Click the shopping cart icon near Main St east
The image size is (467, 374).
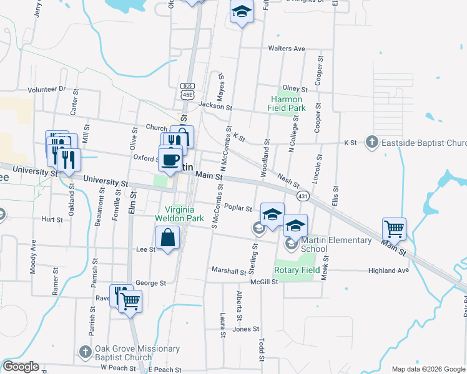tap(394, 229)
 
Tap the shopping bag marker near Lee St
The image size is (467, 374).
tap(168, 237)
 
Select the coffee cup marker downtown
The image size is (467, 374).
tap(170, 159)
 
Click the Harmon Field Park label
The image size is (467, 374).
tap(288, 103)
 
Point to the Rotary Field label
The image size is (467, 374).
tap(297, 271)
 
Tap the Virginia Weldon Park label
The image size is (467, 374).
tap(184, 214)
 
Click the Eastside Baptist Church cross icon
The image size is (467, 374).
tap(372, 143)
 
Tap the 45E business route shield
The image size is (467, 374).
tap(187, 90)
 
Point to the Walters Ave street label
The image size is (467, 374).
tap(286, 49)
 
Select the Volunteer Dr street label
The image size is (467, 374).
tap(46, 89)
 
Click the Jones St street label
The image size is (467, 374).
tap(246, 329)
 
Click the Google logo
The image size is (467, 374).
tap(21, 367)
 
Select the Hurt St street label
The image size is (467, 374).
tap(52, 219)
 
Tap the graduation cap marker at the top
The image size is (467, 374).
tap(242, 12)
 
